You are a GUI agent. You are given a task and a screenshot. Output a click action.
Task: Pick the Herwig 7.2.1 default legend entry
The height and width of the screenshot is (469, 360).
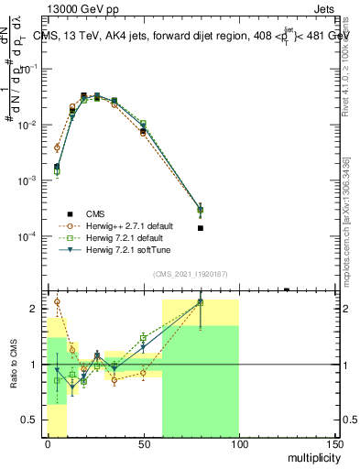123,237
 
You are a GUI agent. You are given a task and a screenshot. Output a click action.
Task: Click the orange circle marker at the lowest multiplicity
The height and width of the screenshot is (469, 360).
57,147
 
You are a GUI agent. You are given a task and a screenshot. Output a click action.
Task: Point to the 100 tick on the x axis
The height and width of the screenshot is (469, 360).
239,437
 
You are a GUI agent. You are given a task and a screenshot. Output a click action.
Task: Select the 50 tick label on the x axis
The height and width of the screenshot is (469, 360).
144,445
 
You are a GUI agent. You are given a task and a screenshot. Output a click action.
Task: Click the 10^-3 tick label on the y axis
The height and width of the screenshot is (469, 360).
30,180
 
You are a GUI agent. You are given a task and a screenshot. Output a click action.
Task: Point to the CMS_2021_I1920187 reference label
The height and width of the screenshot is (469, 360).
191,274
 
